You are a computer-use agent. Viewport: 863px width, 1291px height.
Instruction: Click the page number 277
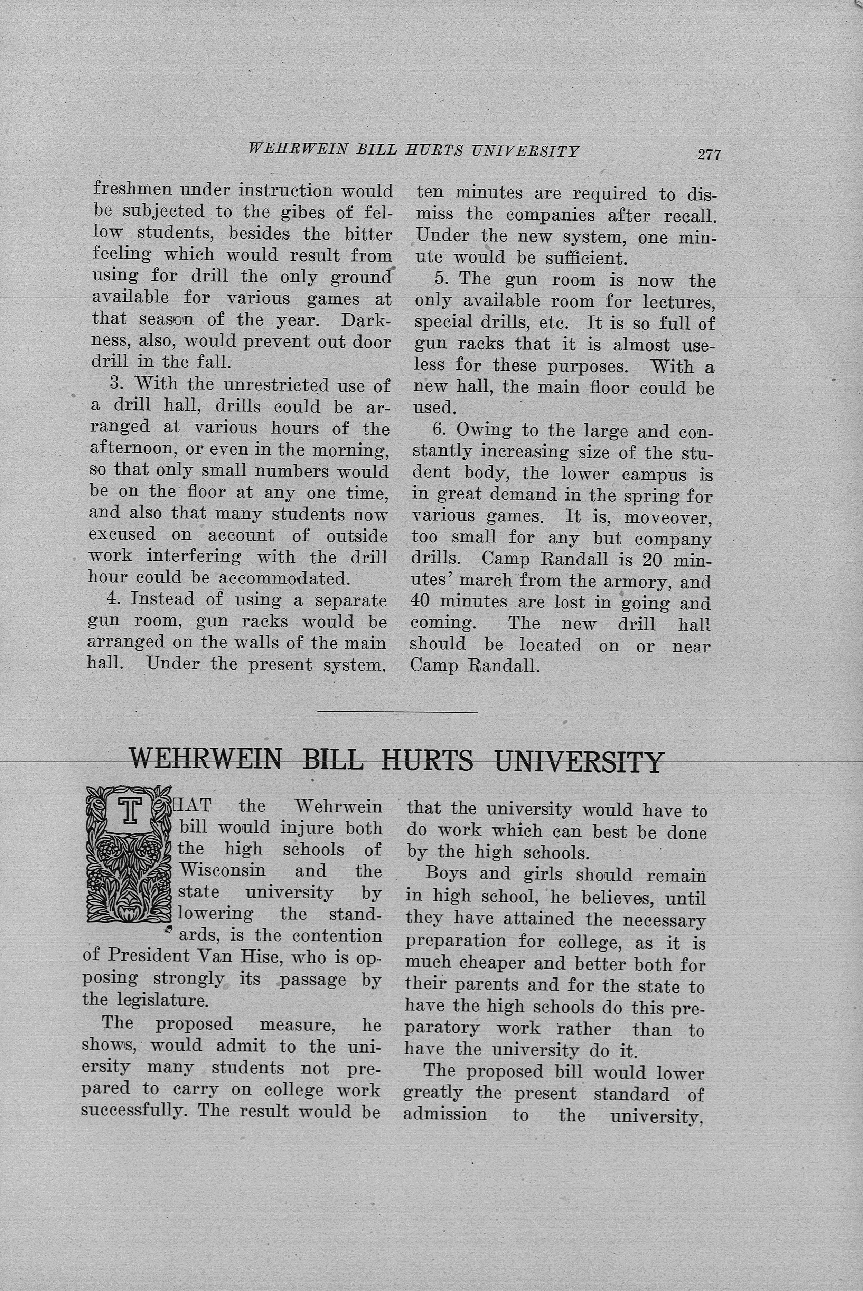pos(709,155)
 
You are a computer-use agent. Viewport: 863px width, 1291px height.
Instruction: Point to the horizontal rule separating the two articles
pos(397,713)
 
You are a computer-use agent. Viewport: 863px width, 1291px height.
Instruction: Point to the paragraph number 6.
pos(439,430)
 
